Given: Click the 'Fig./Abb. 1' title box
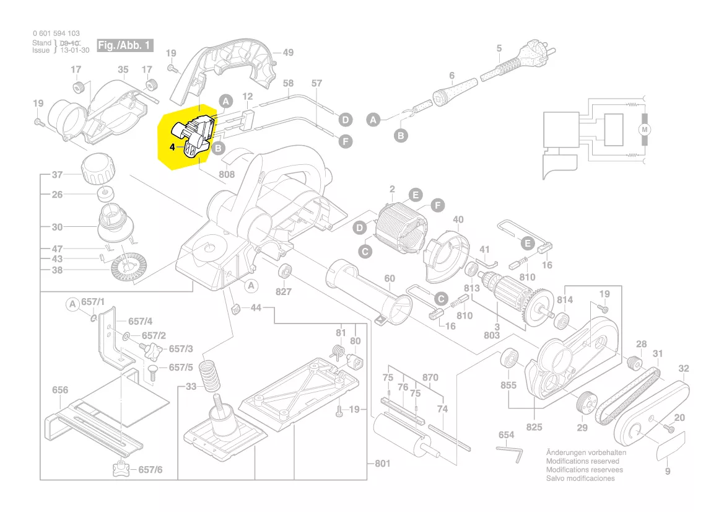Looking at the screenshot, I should tap(124, 46).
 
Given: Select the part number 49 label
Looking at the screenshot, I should tap(288, 53).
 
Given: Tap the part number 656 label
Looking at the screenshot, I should tap(60, 390).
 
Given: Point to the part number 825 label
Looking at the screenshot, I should tap(534, 427).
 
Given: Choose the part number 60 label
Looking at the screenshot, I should tap(389, 278).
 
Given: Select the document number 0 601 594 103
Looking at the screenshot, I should tap(56, 33).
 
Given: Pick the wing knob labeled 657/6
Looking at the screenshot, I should tap(121, 469).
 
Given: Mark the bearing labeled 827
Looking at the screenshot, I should tap(284, 271).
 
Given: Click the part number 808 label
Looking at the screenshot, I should tap(227, 175).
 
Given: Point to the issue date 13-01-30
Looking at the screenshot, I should tap(74, 50).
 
